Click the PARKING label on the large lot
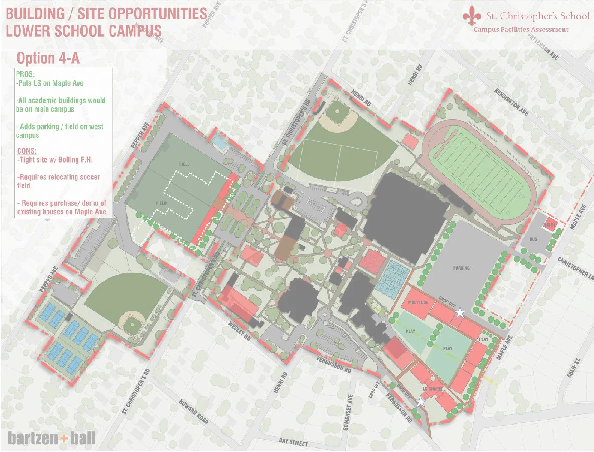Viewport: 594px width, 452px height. [x=461, y=268]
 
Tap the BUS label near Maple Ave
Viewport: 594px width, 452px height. [x=533, y=239]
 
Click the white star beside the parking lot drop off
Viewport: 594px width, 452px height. [x=460, y=313]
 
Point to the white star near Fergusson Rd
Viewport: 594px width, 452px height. [x=421, y=402]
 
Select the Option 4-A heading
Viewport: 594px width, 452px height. [x=48, y=58]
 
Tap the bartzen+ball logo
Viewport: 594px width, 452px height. [x=52, y=438]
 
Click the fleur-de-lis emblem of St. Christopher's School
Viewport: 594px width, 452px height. [x=470, y=16]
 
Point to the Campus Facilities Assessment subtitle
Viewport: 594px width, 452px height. [x=521, y=29]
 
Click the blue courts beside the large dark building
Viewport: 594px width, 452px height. [x=392, y=277]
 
